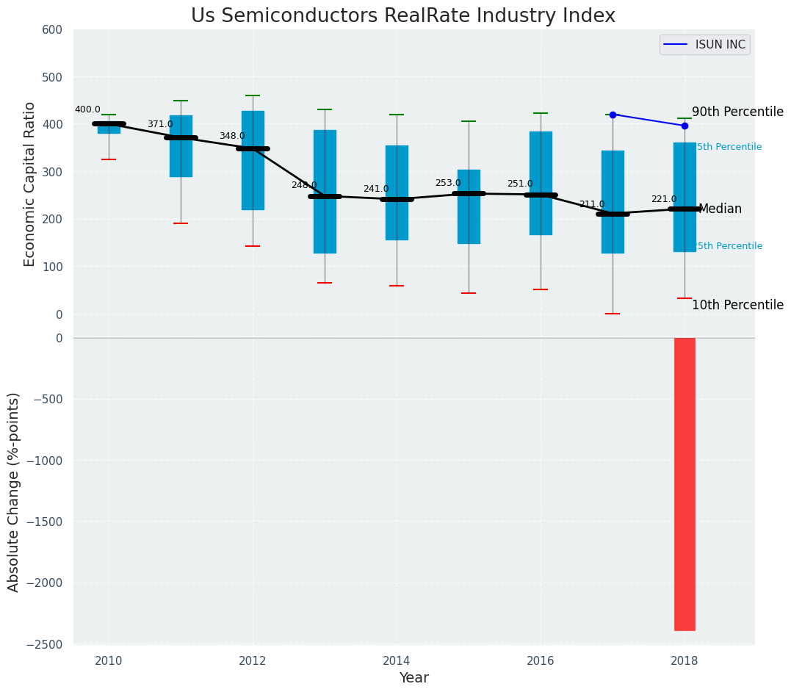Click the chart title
click(x=402, y=16)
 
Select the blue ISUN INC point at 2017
click(x=613, y=115)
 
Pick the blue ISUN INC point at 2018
click(x=685, y=126)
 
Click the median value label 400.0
click(x=87, y=109)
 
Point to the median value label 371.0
click(x=160, y=124)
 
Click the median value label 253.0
click(x=448, y=183)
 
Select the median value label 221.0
click(x=664, y=199)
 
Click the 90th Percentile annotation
click(x=737, y=112)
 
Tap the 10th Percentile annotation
click(x=737, y=305)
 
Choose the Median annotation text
click(x=720, y=209)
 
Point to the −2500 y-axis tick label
click(x=45, y=644)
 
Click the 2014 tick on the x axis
click(x=397, y=660)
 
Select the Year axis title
click(x=413, y=678)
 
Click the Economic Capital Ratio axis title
click(x=30, y=184)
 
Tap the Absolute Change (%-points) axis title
click(x=14, y=491)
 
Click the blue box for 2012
click(x=253, y=160)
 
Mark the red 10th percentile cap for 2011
click(x=181, y=223)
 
